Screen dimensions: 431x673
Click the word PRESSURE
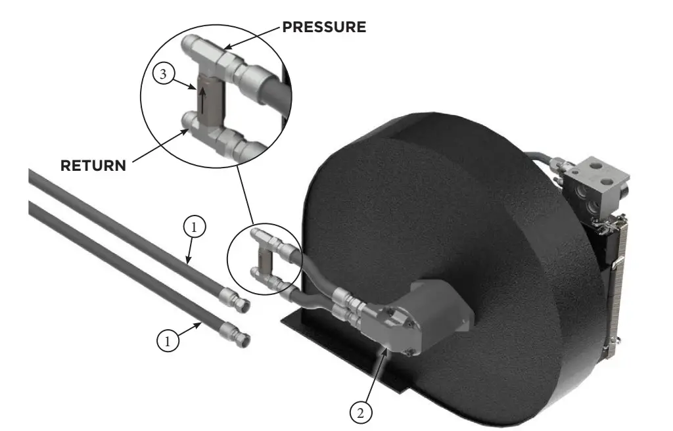point(323,27)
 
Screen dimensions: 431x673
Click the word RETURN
point(93,166)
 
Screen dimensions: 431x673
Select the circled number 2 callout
point(360,413)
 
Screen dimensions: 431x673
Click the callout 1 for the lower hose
point(168,340)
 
